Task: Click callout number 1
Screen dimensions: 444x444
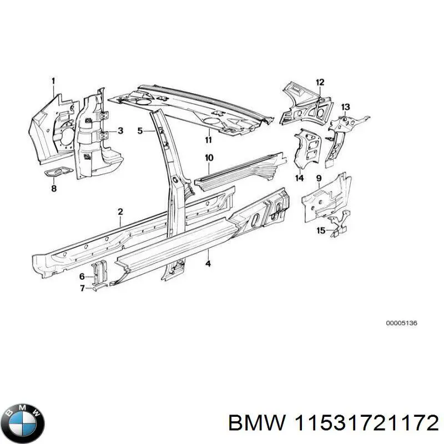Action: (53, 82)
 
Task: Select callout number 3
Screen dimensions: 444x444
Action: (120, 131)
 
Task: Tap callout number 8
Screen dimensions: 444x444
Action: (54, 189)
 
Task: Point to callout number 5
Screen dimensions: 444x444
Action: (140, 131)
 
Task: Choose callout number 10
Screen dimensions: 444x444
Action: (209, 158)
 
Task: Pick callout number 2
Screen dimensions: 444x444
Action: (120, 211)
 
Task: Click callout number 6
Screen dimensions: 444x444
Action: (82, 276)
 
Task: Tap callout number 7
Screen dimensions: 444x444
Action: (82, 288)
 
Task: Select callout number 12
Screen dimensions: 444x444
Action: (320, 83)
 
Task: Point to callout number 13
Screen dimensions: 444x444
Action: (345, 107)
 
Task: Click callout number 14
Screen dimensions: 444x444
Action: (300, 178)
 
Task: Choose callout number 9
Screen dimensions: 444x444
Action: (319, 178)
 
